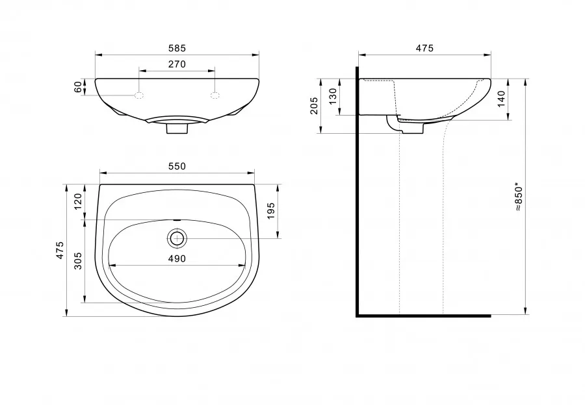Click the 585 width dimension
pyautogui.click(x=177, y=49)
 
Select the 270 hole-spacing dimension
pyautogui.click(x=177, y=64)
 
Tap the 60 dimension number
pyautogui.click(x=78, y=87)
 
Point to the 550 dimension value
pyautogui.click(x=177, y=166)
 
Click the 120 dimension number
pyautogui.click(x=78, y=202)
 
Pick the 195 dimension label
pyautogui.click(x=271, y=211)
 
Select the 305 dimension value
pyautogui.click(x=78, y=261)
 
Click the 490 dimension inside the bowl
pyautogui.click(x=177, y=258)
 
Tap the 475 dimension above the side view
pyautogui.click(x=424, y=49)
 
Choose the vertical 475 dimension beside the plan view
pyautogui.click(x=60, y=251)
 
